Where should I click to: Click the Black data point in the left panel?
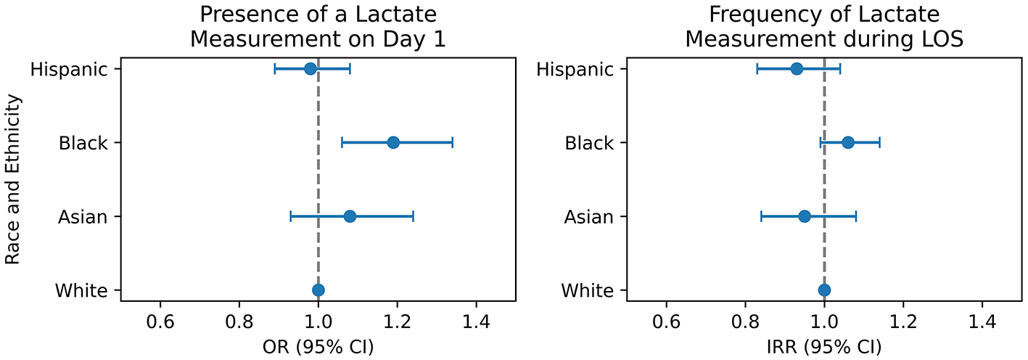(393, 142)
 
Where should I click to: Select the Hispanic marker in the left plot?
(311, 69)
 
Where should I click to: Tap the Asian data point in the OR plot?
(350, 216)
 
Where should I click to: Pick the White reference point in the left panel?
(318, 290)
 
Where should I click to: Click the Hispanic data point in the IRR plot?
(797, 69)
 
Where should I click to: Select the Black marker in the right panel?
(848, 142)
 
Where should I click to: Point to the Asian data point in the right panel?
(805, 216)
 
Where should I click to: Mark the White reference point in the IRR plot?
(824, 290)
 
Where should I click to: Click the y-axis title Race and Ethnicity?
(13, 179)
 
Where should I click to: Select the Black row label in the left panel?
(83, 143)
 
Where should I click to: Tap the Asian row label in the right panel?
(589, 216)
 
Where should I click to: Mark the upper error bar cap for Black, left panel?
(453, 142)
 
